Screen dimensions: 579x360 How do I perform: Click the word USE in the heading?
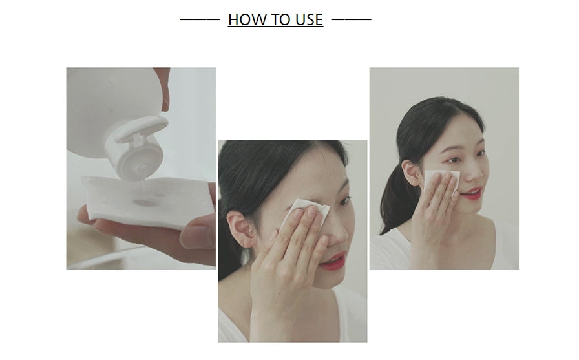click(x=309, y=19)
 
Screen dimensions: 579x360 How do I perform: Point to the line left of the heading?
click(x=200, y=19)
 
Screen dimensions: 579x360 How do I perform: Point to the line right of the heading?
click(x=351, y=19)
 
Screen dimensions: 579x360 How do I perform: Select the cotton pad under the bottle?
click(x=148, y=199)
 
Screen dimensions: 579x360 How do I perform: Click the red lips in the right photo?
click(x=472, y=193)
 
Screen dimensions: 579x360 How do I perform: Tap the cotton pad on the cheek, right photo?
click(x=441, y=182)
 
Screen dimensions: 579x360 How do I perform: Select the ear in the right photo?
click(x=410, y=172)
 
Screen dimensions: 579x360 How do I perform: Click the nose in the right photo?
click(x=470, y=172)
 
